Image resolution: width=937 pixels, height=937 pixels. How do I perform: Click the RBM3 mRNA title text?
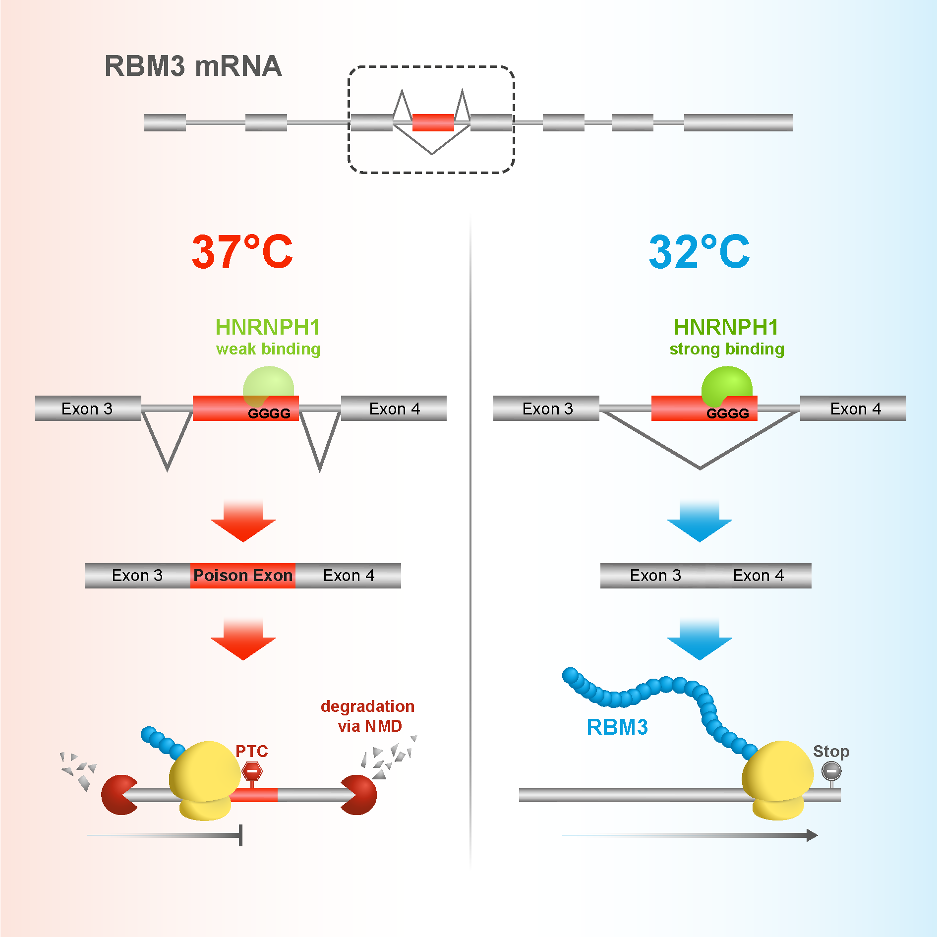tap(193, 66)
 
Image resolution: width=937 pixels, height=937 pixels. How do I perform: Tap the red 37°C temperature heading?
tap(242, 252)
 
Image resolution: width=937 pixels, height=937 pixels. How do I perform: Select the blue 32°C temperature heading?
tap(699, 252)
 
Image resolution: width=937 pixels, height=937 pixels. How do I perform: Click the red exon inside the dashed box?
tap(433, 122)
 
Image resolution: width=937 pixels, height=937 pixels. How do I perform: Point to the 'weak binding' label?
tap(268, 349)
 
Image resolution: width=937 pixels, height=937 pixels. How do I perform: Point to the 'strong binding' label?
tap(727, 349)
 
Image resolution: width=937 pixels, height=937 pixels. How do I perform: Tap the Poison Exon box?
tap(242, 576)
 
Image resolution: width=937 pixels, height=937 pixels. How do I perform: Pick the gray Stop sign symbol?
tap(831, 771)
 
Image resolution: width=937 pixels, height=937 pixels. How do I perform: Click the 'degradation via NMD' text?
tap(368, 716)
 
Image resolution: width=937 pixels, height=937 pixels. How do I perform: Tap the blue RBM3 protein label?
tap(617, 727)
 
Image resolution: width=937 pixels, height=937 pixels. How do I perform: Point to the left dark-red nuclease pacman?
tap(118, 795)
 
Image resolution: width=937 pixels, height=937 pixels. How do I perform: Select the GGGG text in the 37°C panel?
tap(269, 413)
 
